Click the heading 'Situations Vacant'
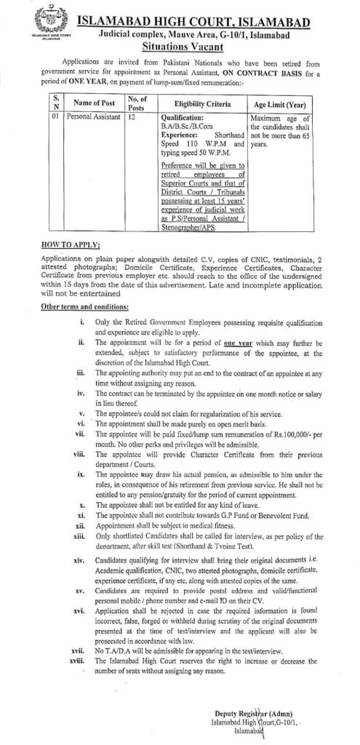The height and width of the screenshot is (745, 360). (x=191, y=44)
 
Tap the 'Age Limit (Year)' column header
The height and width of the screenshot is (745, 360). (x=280, y=105)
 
